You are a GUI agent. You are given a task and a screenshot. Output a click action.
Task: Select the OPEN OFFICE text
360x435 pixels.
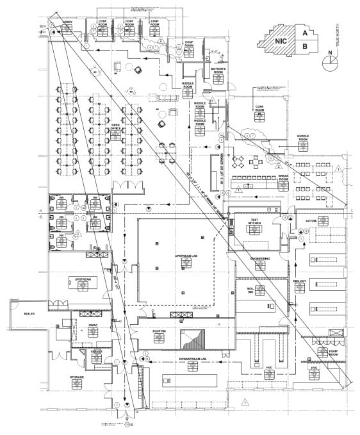(x=116, y=127)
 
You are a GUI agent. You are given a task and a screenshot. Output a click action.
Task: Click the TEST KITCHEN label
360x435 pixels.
(x=254, y=222)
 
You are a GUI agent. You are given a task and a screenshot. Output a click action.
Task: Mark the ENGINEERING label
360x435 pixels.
(x=260, y=258)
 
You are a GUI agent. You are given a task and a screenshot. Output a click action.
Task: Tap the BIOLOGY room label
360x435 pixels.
(x=300, y=281)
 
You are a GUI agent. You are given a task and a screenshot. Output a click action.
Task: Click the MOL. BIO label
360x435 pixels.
(x=251, y=290)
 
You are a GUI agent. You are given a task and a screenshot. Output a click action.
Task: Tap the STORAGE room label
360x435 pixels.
(x=77, y=377)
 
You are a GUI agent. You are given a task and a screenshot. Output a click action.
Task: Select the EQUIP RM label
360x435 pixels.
(x=160, y=331)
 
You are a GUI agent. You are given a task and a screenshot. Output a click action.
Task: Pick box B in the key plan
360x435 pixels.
(x=305, y=46)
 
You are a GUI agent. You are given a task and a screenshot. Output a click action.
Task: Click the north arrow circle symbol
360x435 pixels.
(x=331, y=61)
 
